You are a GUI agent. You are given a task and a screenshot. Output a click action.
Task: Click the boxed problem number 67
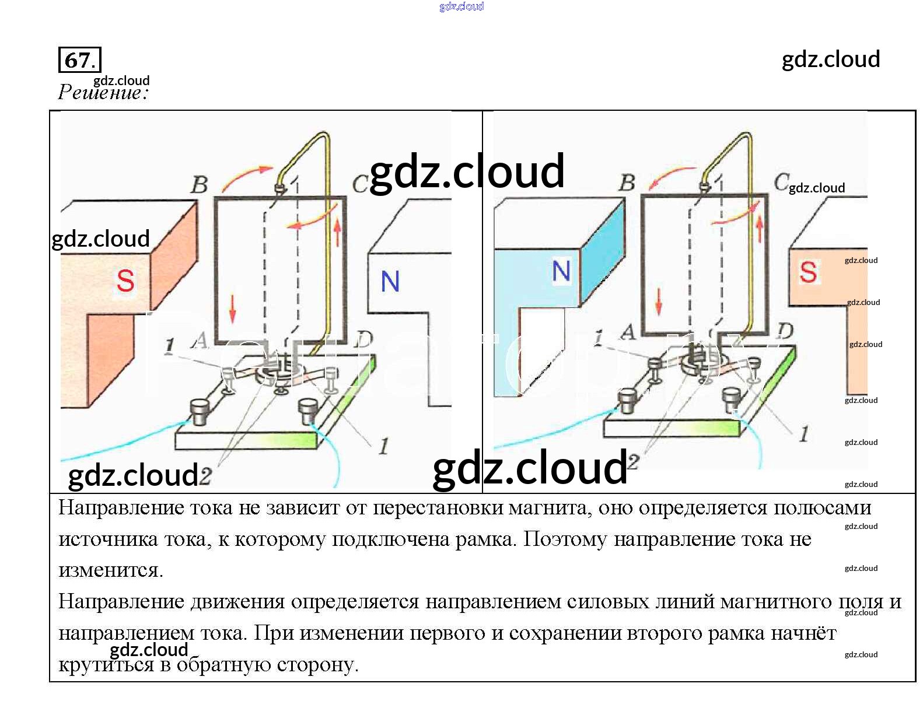(79, 59)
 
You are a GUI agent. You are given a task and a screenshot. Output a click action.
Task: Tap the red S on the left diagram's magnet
(125, 281)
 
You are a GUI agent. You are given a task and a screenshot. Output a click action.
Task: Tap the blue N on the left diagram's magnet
(390, 282)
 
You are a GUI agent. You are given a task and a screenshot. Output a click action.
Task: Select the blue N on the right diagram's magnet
(561, 271)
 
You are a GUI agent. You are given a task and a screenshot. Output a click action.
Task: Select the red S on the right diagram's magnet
(807, 272)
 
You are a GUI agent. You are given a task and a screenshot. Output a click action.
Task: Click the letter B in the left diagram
(200, 184)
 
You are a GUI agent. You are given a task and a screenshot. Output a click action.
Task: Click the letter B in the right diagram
(627, 183)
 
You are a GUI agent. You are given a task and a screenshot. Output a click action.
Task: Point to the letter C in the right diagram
(781, 182)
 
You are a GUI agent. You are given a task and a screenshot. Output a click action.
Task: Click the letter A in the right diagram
(628, 332)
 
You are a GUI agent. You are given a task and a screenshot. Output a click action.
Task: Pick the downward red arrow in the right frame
(659, 301)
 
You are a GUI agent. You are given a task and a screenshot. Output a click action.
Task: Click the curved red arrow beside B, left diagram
(246, 176)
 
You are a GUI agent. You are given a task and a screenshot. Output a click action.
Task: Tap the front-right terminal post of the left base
(307, 412)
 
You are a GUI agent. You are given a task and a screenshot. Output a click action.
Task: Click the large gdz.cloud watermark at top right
(830, 59)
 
